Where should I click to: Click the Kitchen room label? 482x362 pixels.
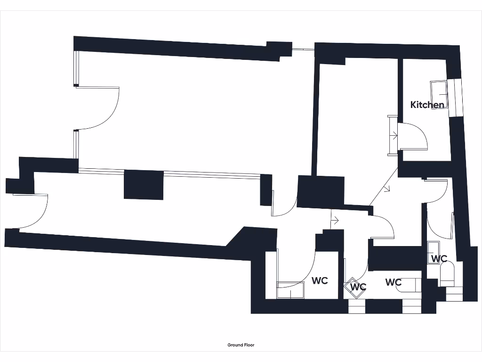click(427, 105)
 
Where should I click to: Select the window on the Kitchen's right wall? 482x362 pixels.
click(455, 98)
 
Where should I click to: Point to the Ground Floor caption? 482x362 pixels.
click(241, 345)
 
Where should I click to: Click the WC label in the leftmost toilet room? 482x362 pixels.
click(320, 280)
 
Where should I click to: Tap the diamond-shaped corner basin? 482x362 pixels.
click(354, 288)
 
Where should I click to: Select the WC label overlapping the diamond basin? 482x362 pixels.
click(358, 287)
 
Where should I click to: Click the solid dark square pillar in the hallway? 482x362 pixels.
click(144, 185)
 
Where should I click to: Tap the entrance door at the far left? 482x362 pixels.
click(33, 212)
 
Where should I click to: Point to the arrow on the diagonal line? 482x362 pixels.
click(387, 190)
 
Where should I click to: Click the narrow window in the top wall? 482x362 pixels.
click(303, 49)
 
